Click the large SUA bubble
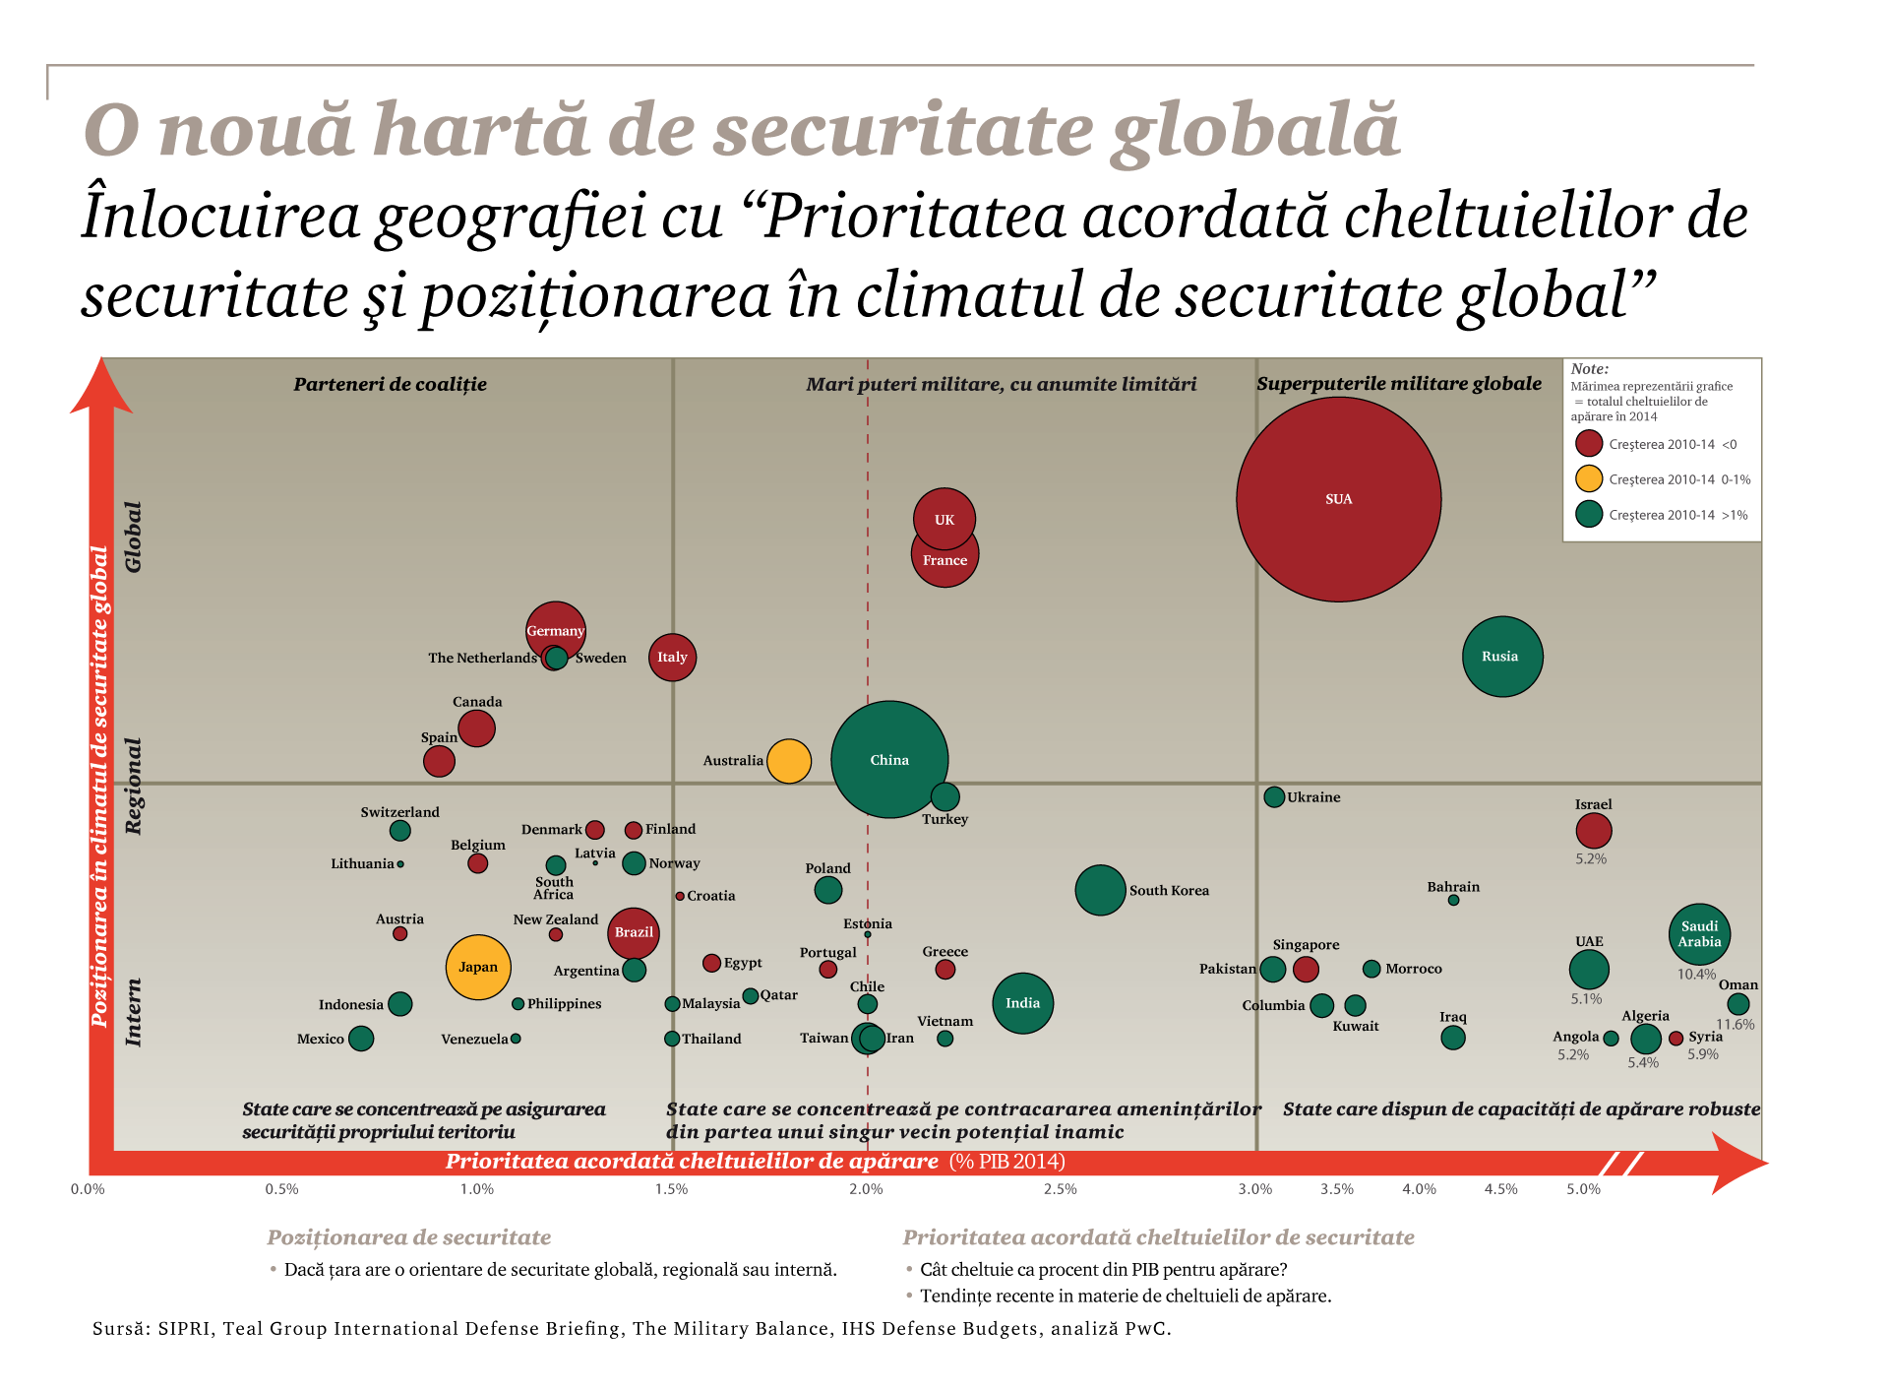coord(1338,499)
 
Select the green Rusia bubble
coord(1501,657)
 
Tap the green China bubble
coord(889,759)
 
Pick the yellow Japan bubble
coord(478,967)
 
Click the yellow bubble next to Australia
coord(788,761)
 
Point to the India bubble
coord(1022,1003)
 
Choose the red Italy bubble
coord(672,657)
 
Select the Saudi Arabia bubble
coord(1699,933)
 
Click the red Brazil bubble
coord(634,932)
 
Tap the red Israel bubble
coord(1593,831)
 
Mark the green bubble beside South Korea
coord(1100,890)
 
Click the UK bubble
coord(944,518)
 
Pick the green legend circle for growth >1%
coord(1588,514)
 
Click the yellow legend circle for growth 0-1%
coord(1588,478)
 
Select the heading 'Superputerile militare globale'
coord(1398,384)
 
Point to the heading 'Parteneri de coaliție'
coord(390,384)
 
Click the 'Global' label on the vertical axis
coord(134,537)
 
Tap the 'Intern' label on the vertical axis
coord(134,1012)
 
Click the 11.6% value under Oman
coord(1735,1024)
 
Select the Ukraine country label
coord(1313,797)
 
